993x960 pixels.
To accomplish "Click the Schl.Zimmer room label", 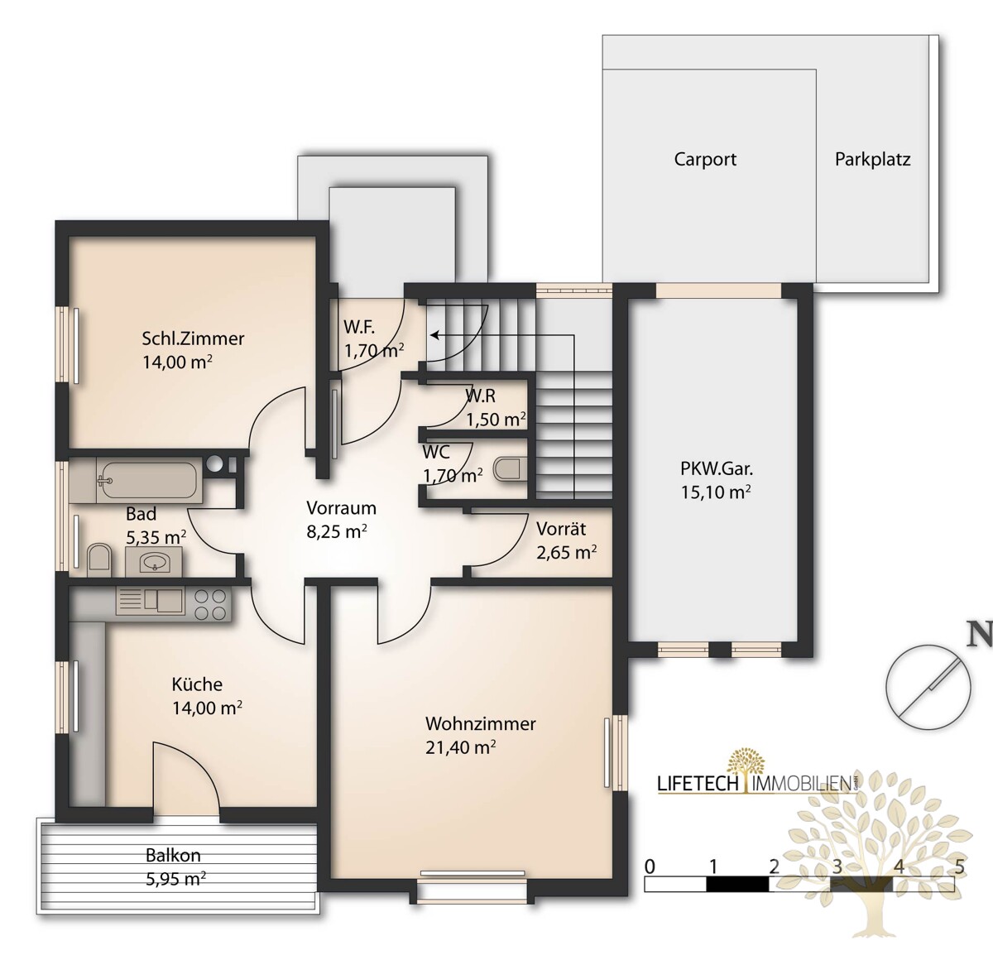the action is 193,338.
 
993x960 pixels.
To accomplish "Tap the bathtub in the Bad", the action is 147,480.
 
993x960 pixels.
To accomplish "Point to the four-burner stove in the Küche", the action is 210,604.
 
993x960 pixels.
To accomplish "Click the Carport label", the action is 705,159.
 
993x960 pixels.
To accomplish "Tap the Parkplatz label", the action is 872,160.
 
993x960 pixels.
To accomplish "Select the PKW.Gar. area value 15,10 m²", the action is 716,492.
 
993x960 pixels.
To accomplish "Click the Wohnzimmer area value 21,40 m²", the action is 460,747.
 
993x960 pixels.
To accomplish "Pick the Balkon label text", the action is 173,855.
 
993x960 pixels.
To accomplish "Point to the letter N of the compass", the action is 979,633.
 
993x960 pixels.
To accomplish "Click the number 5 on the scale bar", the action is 959,866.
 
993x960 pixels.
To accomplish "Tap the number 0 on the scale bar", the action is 650,866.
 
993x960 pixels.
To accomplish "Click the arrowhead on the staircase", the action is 434,335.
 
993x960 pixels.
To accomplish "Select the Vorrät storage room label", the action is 561,529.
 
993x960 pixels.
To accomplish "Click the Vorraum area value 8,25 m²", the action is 337,532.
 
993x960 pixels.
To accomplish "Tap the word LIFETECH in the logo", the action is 698,784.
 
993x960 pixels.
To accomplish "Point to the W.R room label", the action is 480,396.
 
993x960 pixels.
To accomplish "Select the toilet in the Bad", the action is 99,560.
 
